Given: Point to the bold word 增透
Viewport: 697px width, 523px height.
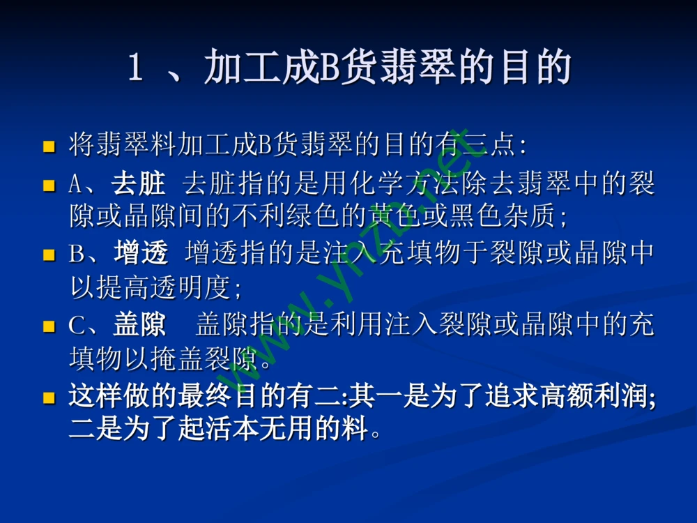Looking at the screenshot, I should click(x=141, y=254).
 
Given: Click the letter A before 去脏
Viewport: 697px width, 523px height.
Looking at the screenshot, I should click(x=75, y=184).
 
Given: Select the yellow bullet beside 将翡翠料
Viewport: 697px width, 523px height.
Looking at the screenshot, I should click(x=49, y=146).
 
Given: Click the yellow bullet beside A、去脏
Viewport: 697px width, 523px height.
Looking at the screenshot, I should click(x=49, y=185).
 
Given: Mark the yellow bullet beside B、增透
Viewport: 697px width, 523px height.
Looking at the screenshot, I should click(x=49, y=255).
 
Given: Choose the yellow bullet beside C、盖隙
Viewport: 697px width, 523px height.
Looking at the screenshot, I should click(x=49, y=326).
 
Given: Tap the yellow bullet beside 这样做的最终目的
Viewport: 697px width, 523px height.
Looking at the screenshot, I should click(x=49, y=398).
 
